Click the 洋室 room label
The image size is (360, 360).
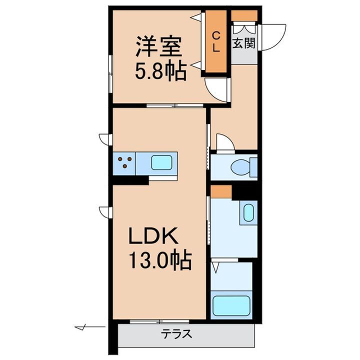coord(156,48)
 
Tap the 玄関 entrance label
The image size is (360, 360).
coord(244,43)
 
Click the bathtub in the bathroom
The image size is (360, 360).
coord(231,305)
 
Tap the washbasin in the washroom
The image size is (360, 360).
coord(248,213)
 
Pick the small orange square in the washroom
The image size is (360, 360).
coord(220,190)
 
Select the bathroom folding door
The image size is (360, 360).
coord(217,267)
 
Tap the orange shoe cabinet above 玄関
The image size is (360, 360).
coord(244,15)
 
